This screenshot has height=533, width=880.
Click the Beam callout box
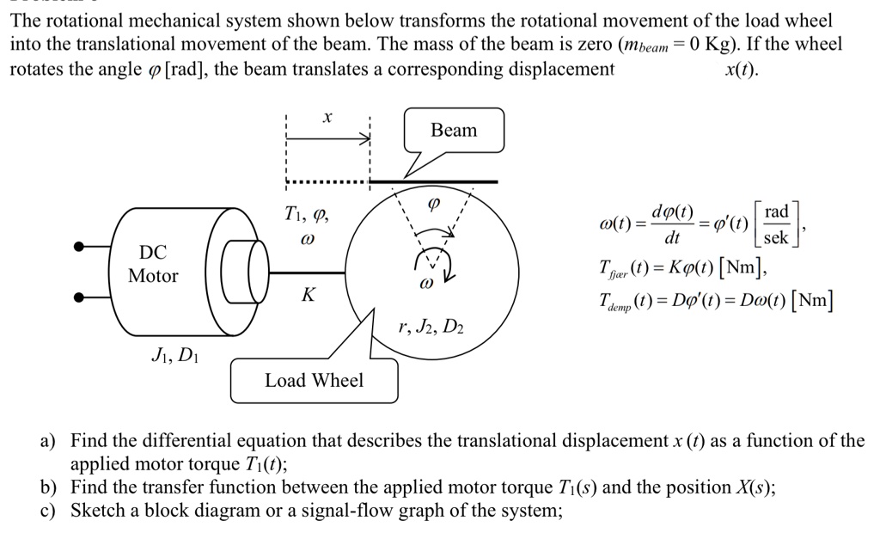(454, 131)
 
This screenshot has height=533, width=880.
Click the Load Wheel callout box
(314, 380)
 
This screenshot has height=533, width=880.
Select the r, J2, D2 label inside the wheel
(432, 328)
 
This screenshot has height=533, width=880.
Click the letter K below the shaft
(306, 295)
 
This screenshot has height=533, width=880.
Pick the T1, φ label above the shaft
(305, 214)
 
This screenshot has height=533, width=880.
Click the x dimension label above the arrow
(327, 116)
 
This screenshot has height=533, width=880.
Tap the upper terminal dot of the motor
(80, 247)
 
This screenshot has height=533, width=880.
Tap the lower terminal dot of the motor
(80, 297)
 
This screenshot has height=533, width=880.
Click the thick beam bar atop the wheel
(434, 181)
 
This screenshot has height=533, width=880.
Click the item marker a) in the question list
(49, 442)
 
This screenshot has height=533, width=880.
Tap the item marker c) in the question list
(49, 511)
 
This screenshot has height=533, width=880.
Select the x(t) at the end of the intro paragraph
(742, 70)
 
